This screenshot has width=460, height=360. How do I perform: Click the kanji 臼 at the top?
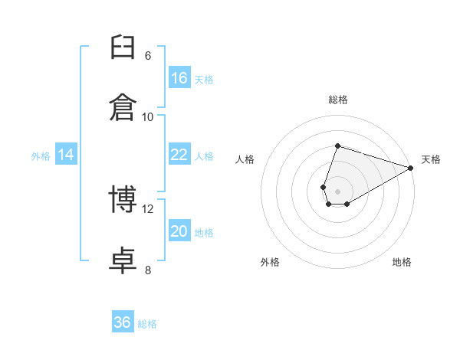(x=123, y=47)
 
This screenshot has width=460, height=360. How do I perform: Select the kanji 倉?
(x=123, y=107)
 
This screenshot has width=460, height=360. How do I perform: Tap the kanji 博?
(x=123, y=198)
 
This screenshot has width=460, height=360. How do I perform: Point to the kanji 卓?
(x=123, y=260)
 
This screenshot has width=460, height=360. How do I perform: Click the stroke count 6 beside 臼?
(x=148, y=56)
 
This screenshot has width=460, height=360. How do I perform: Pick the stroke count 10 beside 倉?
(x=147, y=117)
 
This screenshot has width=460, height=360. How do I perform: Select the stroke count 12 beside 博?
(x=147, y=209)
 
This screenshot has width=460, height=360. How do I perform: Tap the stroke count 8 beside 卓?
(x=148, y=270)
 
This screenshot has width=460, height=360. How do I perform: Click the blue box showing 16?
(x=179, y=77)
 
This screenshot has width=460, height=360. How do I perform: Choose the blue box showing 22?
(x=179, y=154)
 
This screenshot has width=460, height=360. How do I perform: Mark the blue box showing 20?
(x=179, y=230)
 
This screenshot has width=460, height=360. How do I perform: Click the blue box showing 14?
(x=66, y=154)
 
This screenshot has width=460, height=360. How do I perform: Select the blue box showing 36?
(x=123, y=321)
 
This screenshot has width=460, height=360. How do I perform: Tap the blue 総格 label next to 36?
(x=147, y=324)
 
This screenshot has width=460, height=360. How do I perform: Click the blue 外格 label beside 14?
(x=41, y=156)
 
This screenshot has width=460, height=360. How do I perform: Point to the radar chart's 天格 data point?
(x=411, y=168)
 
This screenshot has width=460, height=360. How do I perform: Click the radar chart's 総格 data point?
(x=337, y=146)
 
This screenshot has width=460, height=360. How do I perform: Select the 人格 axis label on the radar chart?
(x=245, y=159)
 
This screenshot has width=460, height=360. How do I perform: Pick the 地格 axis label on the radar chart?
(x=402, y=262)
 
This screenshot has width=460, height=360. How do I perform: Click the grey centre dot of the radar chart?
(x=337, y=191)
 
